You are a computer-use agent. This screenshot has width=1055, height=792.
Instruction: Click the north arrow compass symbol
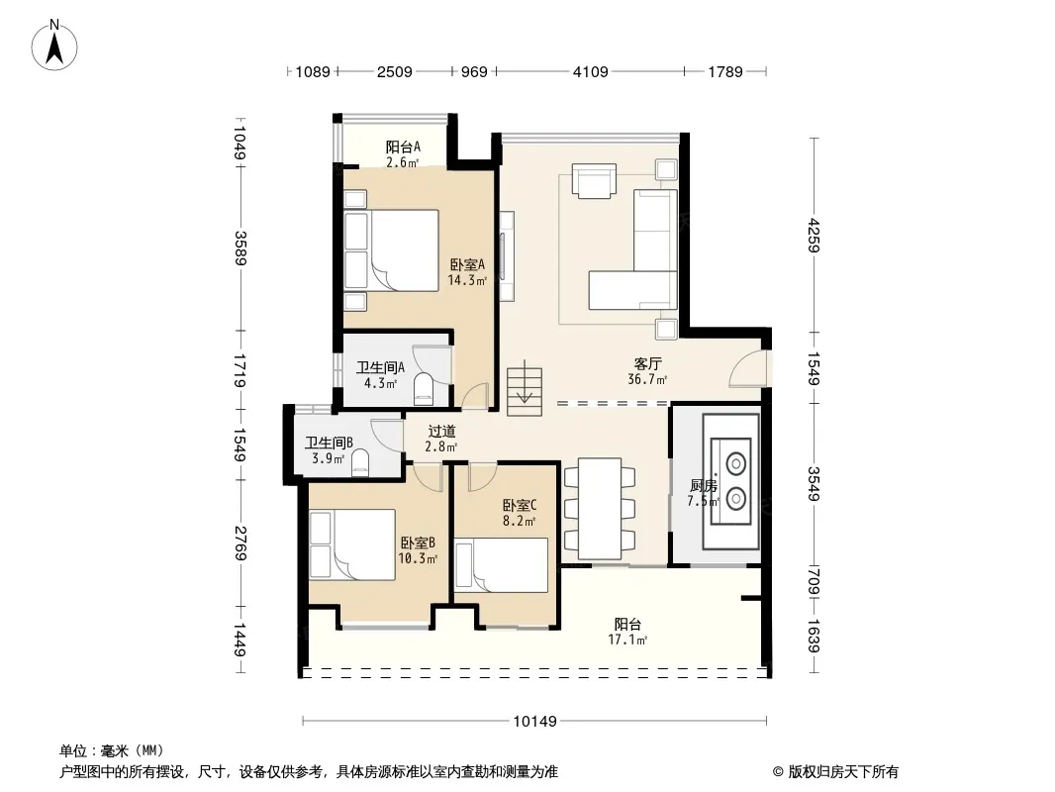pos(54,46)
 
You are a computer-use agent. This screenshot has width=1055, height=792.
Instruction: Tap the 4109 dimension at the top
pos(590,71)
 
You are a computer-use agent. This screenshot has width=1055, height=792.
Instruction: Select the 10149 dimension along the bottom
pos(534,722)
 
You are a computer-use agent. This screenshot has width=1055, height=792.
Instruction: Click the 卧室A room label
pos(467,265)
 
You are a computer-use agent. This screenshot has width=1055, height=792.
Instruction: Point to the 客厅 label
pos(648,364)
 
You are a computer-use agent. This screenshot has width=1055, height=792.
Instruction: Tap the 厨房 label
pos(703,485)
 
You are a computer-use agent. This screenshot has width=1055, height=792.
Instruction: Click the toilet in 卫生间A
pos(424,388)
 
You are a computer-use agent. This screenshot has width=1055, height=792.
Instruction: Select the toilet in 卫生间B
pos(360,463)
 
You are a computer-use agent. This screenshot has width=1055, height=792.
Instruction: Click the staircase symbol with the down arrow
pos(525,388)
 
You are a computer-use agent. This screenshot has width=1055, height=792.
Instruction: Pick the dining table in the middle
pos(600,509)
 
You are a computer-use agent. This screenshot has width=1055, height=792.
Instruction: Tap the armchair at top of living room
pos(594,180)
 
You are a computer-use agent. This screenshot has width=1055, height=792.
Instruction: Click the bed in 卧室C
pos(501,564)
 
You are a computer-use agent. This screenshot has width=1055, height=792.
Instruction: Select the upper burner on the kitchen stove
pos(735,463)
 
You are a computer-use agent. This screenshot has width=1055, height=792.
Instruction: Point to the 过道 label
pos(442,432)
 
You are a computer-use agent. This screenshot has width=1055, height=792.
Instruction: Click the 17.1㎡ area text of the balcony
pos(627,640)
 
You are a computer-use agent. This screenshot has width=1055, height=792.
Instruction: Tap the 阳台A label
pos(403,147)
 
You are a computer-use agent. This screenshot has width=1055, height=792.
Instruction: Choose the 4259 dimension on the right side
pos(814,235)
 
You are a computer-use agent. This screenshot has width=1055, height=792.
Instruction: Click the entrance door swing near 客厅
pos(747,368)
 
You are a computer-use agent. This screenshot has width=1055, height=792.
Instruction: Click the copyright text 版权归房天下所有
pos(843,772)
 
